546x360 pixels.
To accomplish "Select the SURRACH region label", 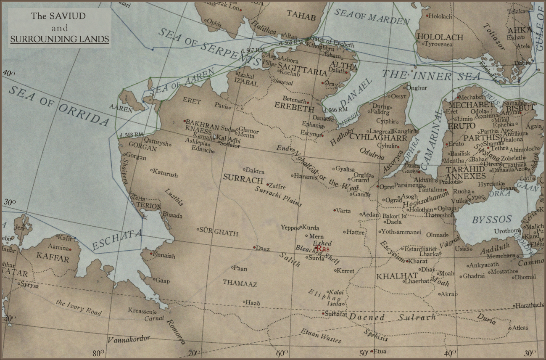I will click(243, 178).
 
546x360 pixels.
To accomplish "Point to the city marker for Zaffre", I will click(268, 185).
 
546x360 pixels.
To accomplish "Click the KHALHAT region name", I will click(391, 276).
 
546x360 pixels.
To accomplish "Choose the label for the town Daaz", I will click(263, 249).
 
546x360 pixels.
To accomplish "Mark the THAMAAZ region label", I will click(240, 283).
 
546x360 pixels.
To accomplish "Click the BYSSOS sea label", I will click(491, 220).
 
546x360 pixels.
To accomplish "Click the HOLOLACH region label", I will click(440, 37).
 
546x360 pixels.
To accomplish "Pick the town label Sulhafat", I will click(336, 313).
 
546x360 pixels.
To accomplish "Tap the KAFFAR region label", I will click(53, 258).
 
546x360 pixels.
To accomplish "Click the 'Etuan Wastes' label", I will click(321, 335).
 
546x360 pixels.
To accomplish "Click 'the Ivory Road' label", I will click(79, 307).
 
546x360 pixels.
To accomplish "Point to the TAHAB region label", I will click(301, 17).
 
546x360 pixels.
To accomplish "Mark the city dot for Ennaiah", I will click(151, 253).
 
